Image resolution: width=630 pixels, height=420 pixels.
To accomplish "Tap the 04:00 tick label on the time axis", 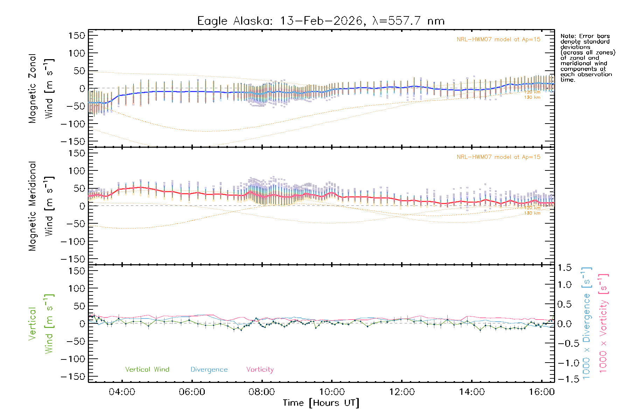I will (x=122, y=392).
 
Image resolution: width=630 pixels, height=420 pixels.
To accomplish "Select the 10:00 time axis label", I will (x=332, y=392).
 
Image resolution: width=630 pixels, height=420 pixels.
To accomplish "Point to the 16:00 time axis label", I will (x=541, y=392).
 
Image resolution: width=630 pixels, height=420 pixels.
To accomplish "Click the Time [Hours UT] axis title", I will (x=321, y=403).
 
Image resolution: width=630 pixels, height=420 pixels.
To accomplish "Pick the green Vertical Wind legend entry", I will (x=147, y=369).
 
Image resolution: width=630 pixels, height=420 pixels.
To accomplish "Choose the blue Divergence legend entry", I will (x=209, y=370).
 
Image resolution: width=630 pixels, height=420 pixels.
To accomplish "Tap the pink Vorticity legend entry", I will (x=260, y=369).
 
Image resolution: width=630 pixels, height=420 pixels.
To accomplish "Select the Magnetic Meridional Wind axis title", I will (x=41, y=206).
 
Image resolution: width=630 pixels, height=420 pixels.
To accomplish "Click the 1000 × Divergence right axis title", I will (x=587, y=323).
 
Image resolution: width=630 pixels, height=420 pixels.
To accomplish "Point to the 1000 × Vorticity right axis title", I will (x=603, y=323).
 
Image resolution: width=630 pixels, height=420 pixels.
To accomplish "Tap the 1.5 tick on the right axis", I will (x=564, y=268).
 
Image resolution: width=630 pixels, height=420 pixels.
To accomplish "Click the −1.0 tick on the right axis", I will (x=564, y=363).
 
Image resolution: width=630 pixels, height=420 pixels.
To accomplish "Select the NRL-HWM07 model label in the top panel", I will (x=498, y=40).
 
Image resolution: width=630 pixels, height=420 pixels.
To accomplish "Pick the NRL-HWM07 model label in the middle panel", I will (x=498, y=157).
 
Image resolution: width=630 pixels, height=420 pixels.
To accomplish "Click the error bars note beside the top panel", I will (x=587, y=58).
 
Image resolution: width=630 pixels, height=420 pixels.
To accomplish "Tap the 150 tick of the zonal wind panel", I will (x=77, y=36).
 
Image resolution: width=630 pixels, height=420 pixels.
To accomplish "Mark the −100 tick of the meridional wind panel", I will (x=73, y=241).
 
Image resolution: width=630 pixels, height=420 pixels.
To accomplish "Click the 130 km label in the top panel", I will (x=532, y=97).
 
